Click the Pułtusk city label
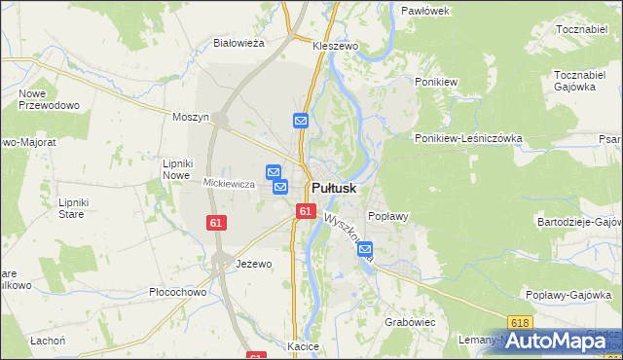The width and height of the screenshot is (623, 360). (x=333, y=188)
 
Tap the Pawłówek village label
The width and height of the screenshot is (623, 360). (x=424, y=10)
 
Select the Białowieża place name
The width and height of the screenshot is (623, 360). (x=239, y=43)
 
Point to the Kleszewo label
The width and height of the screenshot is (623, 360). (x=336, y=46)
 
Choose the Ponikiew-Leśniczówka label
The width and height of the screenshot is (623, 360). (x=468, y=138)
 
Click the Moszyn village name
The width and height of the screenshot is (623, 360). (x=191, y=117)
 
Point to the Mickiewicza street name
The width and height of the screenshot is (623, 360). (x=229, y=183)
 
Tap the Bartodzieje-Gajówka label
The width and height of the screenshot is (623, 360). (x=579, y=222)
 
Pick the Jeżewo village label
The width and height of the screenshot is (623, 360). (x=254, y=264)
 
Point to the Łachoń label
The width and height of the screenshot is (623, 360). (x=47, y=340)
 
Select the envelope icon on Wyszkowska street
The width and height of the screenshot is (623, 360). (x=365, y=250)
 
